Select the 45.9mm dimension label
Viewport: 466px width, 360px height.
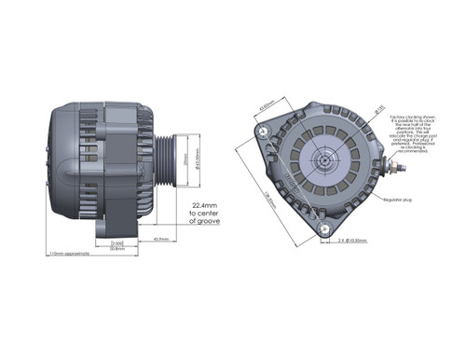coord(161,239)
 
